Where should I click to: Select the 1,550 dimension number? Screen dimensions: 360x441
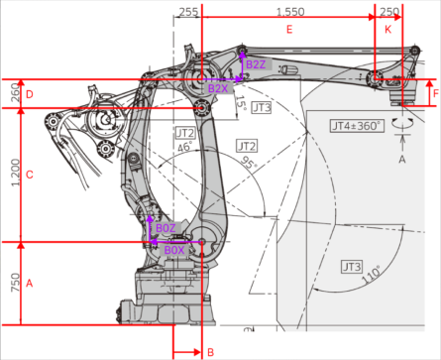coord(289,11)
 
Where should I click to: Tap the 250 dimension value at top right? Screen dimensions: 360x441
coord(390,11)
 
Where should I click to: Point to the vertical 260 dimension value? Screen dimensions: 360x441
coord(15,94)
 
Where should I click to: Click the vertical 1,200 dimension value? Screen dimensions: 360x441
coord(15,175)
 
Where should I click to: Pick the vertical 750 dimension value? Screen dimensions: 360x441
coord(15,284)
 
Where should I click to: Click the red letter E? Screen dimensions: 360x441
coord(289,31)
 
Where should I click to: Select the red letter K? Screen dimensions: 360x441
coord(387,31)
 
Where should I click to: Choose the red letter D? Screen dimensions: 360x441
coord(30,94)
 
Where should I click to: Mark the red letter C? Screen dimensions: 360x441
coord(30,176)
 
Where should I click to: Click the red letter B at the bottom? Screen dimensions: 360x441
coord(209,351)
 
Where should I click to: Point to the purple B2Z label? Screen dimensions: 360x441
coord(256,65)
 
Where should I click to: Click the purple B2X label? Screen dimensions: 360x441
coord(218,88)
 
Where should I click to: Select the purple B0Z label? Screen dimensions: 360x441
coord(165,228)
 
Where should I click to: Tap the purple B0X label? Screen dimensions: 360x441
coord(174,250)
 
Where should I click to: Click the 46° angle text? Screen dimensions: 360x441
coord(183,146)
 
